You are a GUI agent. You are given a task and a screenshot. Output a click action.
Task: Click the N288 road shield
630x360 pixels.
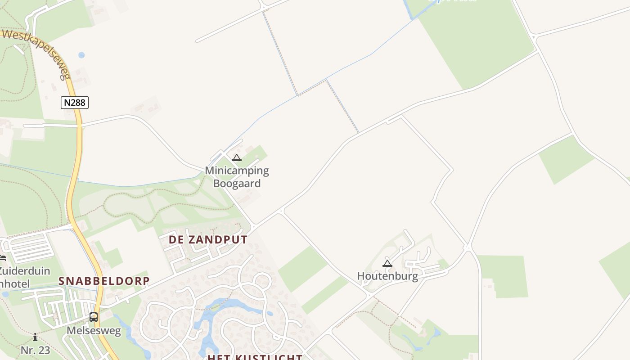coord(75,103)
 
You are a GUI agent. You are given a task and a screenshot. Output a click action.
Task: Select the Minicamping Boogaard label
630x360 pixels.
coord(237,177)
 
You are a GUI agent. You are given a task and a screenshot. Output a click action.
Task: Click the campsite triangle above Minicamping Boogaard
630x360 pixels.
coord(237,158)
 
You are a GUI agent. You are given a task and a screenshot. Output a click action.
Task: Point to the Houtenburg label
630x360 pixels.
coord(387,276)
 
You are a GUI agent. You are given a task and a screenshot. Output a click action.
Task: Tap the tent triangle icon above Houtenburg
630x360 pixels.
coord(387,263)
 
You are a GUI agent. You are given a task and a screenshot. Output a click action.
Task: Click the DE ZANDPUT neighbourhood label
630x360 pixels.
coord(208,240)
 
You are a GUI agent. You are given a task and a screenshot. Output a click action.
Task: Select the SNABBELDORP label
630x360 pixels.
coord(104,281)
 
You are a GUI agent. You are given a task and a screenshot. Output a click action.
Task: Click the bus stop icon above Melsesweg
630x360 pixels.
coord(94,317)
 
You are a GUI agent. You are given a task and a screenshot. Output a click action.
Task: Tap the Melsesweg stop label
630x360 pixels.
coord(94,331)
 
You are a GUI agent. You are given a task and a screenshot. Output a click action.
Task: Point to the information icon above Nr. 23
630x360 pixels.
coord(35,337)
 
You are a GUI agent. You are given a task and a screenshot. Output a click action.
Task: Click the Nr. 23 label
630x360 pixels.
coord(35,350)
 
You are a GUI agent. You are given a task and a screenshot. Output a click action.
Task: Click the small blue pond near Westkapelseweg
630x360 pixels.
coord(81,55)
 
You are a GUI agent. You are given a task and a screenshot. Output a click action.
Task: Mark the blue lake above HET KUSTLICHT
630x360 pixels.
coord(234,306)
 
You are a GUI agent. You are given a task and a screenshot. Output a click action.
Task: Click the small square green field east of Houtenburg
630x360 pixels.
coord(503,276)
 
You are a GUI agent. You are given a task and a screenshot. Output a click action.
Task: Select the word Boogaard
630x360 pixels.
coord(237,184)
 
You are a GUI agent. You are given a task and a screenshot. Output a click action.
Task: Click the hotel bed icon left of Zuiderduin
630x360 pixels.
coord(2,258)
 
